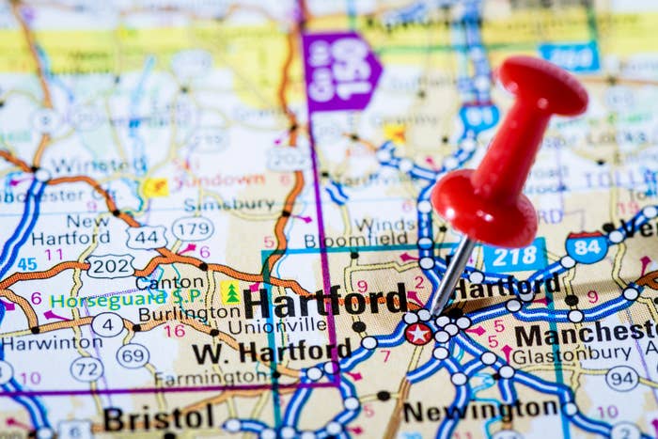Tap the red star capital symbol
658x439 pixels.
pyautogui.click(x=418, y=333)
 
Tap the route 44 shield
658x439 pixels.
pyautogui.click(x=147, y=237)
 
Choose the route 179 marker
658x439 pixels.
pyautogui.click(x=191, y=228)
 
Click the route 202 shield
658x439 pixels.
pyautogui.click(x=110, y=266)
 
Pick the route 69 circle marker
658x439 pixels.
pyautogui.click(x=133, y=355)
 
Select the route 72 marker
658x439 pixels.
pyautogui.click(x=86, y=368)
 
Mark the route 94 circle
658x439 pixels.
pyautogui.click(x=621, y=378)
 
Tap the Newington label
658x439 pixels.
pyautogui.click(x=482, y=410)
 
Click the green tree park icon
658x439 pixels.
pyautogui.click(x=231, y=293)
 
